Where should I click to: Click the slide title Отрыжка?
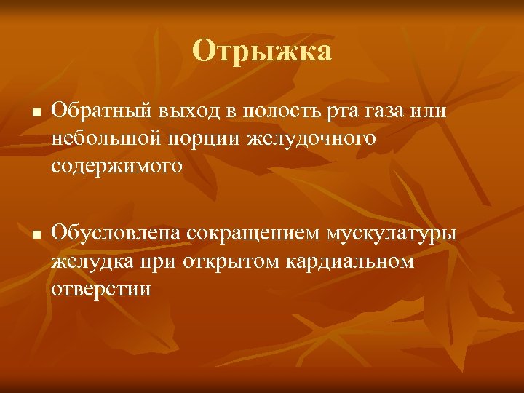[262, 52]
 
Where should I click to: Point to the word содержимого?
[114, 166]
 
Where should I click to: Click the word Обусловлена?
[116, 234]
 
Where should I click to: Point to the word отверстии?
[100, 287]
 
